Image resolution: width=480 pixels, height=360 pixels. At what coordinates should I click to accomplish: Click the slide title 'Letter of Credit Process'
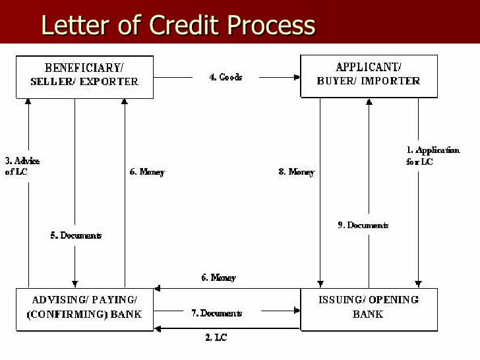[178, 25]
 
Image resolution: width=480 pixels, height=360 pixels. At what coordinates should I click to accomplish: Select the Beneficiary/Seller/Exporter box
[84, 76]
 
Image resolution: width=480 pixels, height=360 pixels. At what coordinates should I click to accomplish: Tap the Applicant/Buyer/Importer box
[368, 76]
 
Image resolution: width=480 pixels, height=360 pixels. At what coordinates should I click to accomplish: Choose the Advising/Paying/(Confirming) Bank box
[84, 308]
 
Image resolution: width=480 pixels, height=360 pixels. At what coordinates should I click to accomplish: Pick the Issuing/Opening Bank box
[368, 309]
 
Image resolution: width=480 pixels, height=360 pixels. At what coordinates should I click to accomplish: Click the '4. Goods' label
[226, 77]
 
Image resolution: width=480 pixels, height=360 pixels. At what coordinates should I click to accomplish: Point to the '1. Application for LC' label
[433, 156]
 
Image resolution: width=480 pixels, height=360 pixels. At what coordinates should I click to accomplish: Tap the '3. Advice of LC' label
[22, 166]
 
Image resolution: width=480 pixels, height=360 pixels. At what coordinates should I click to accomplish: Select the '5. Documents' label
[76, 235]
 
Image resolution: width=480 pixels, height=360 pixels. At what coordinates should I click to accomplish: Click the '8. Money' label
[296, 172]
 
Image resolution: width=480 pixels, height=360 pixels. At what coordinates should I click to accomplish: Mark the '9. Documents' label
[363, 225]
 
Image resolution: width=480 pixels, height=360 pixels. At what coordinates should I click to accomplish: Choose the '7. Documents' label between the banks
[216, 313]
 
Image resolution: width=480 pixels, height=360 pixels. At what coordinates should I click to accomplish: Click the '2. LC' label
[216, 338]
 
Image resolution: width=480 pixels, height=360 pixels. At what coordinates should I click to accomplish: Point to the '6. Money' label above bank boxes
[218, 278]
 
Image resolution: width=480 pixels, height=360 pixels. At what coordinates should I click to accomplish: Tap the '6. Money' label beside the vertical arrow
[146, 172]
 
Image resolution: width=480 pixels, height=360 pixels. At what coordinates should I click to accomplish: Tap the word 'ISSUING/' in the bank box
[342, 301]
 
